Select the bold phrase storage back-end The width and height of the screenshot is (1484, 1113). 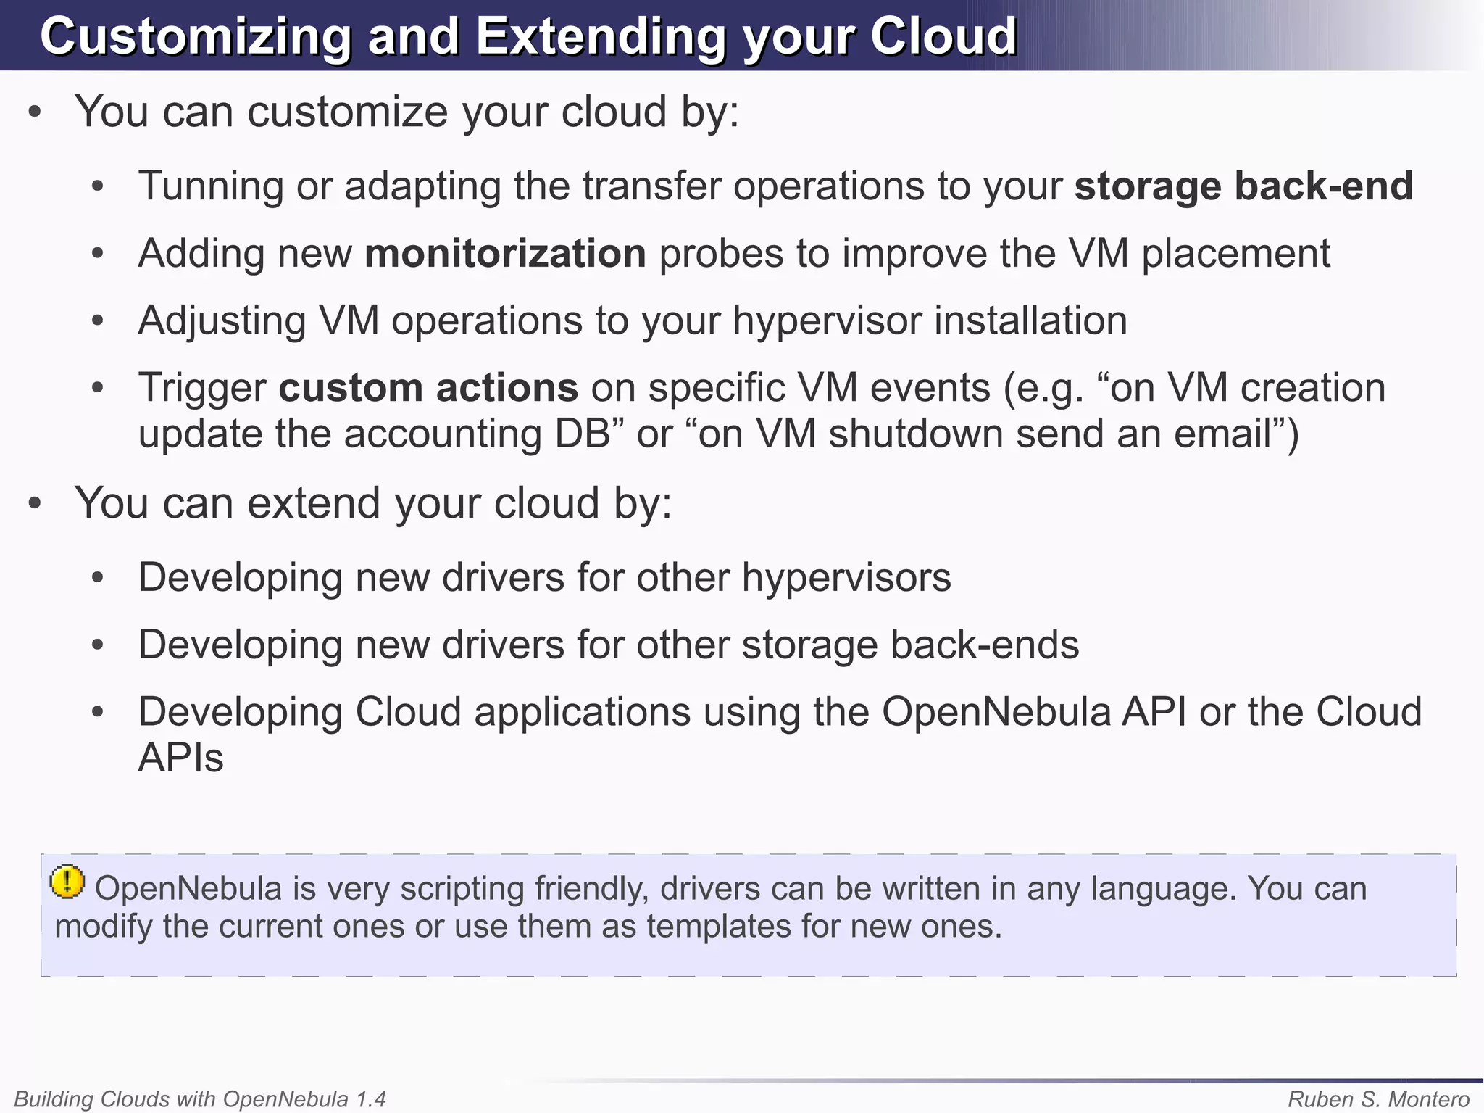pos(1243,186)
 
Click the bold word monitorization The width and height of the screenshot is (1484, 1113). pos(505,254)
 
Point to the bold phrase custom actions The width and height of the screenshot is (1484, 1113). pos(428,388)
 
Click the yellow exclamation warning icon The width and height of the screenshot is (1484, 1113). pos(67,882)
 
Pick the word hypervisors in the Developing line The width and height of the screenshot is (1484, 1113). pos(846,578)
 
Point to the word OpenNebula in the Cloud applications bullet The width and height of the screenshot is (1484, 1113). pos(996,712)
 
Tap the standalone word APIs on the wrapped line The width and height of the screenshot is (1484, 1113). pos(180,758)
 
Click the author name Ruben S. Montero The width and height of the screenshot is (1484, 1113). pos(1378,1099)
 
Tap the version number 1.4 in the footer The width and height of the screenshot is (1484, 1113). pos(370,1099)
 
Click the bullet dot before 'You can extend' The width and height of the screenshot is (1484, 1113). pos(34,504)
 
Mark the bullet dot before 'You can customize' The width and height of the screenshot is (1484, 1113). pos(34,112)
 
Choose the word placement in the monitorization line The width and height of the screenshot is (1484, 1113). pos(1236,254)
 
